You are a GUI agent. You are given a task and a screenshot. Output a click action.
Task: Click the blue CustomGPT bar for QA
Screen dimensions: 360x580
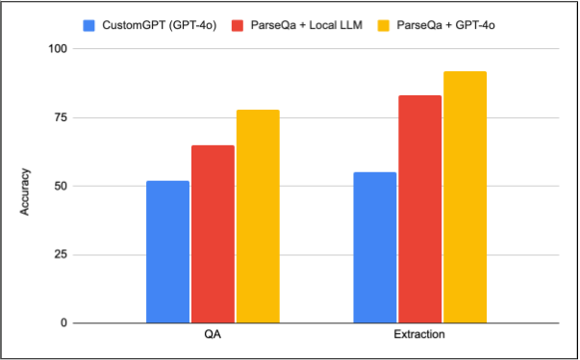[x=167, y=251]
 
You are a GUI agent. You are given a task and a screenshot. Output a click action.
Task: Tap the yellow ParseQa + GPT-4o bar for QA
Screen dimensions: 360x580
[x=258, y=216]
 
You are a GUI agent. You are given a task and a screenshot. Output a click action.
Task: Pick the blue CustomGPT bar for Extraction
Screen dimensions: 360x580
[x=374, y=247]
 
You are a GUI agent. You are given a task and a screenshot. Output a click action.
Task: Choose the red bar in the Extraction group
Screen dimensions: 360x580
[x=419, y=209]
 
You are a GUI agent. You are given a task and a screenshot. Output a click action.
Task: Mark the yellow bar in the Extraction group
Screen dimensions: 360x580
[x=465, y=196]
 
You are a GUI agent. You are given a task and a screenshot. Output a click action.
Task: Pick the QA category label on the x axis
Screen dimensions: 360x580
[x=213, y=338]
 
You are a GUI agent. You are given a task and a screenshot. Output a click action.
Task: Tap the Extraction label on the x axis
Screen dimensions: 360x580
[x=419, y=338]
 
